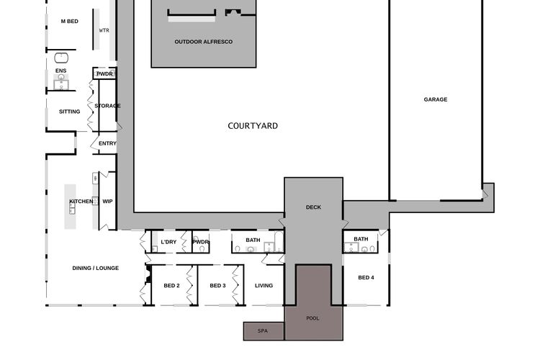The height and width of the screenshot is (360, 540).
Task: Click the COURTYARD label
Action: [x=253, y=126]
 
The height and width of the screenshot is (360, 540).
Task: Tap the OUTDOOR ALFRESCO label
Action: [x=204, y=42]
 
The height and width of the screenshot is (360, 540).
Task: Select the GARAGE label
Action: [x=436, y=99]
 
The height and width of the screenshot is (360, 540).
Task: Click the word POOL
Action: [x=312, y=318]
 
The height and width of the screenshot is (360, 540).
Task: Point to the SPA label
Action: [x=263, y=330]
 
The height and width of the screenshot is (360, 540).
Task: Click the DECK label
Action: [x=313, y=207]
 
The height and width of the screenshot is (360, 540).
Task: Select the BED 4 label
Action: [x=366, y=277]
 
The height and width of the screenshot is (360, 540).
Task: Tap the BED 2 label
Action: [x=171, y=286]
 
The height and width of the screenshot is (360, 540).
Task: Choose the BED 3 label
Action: [x=217, y=286]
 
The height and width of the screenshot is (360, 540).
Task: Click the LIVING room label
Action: [x=264, y=286]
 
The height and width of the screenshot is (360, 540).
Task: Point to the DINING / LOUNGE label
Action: [x=95, y=268]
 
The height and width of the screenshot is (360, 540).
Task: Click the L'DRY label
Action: [x=168, y=242]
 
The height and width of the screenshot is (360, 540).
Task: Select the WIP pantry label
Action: [x=107, y=201]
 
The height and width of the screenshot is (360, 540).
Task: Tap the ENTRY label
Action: [x=107, y=143]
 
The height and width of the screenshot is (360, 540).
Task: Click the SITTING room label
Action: [x=70, y=112]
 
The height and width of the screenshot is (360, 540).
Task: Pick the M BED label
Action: [x=70, y=22]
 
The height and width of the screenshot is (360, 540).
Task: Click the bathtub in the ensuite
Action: [x=61, y=58]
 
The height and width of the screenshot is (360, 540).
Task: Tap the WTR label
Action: [x=104, y=30]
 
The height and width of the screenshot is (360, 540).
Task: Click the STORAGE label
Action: [x=107, y=106]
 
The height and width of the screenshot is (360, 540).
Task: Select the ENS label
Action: [x=61, y=71]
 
